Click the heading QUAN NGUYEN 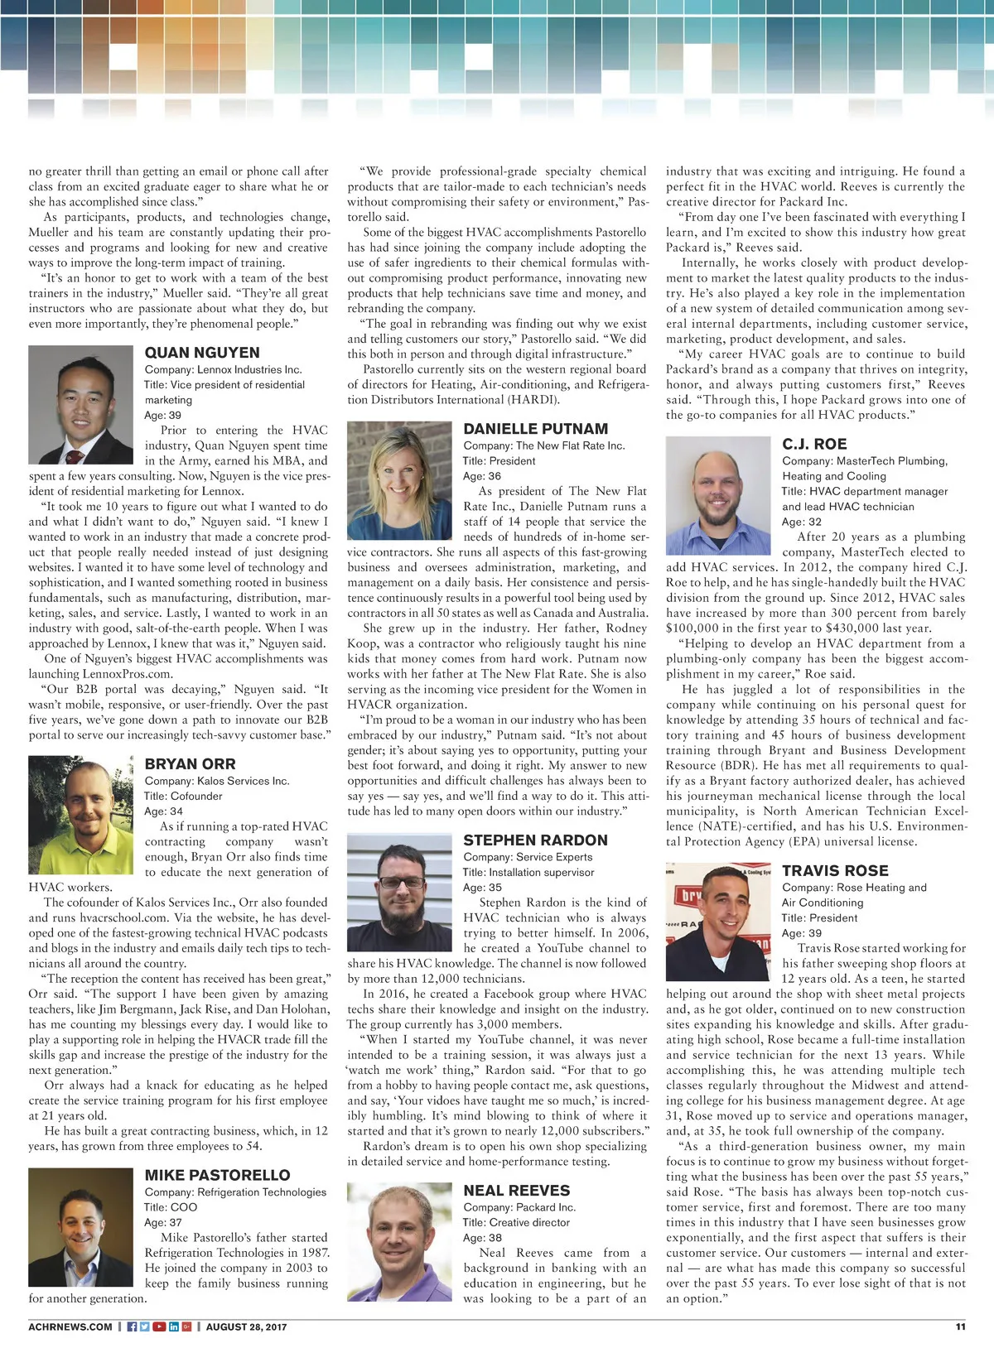(x=202, y=353)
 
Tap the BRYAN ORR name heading (x=190, y=763)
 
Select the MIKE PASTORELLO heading (x=217, y=1175)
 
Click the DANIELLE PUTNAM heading (x=535, y=429)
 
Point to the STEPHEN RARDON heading (x=535, y=840)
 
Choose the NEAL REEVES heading (x=516, y=1191)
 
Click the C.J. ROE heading (x=814, y=444)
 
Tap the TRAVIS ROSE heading (x=835, y=871)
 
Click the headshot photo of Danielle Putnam (x=399, y=480)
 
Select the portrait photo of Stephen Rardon (x=399, y=892)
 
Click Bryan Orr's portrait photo (x=80, y=816)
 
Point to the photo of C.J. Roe (x=718, y=496)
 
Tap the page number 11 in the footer (x=960, y=1326)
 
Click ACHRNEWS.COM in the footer (x=70, y=1326)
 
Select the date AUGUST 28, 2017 (x=246, y=1326)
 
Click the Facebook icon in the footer (x=132, y=1326)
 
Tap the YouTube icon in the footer (x=159, y=1326)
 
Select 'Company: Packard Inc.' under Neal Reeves (x=519, y=1207)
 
